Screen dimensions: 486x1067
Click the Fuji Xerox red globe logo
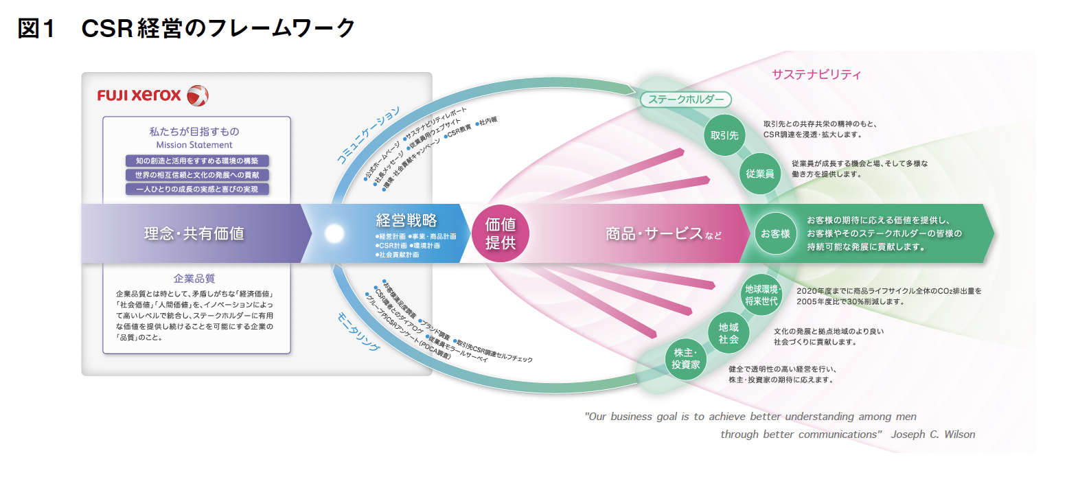(198, 95)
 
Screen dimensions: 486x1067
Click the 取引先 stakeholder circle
(724, 135)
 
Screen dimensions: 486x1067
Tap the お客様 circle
(775, 233)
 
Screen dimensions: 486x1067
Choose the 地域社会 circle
(728, 333)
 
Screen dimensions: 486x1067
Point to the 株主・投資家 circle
(686, 358)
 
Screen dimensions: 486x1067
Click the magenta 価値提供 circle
(501, 233)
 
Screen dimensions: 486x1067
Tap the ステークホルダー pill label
(685, 100)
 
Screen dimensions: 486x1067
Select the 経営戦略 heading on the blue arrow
(406, 220)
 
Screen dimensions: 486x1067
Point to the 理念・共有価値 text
(194, 233)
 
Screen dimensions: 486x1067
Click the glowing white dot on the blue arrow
(334, 233)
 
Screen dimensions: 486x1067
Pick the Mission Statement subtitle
(194, 145)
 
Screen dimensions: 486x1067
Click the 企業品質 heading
(194, 279)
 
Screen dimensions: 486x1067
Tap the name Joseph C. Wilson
(932, 435)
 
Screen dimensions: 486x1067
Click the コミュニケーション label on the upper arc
(368, 135)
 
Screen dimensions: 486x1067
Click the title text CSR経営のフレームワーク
(218, 29)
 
